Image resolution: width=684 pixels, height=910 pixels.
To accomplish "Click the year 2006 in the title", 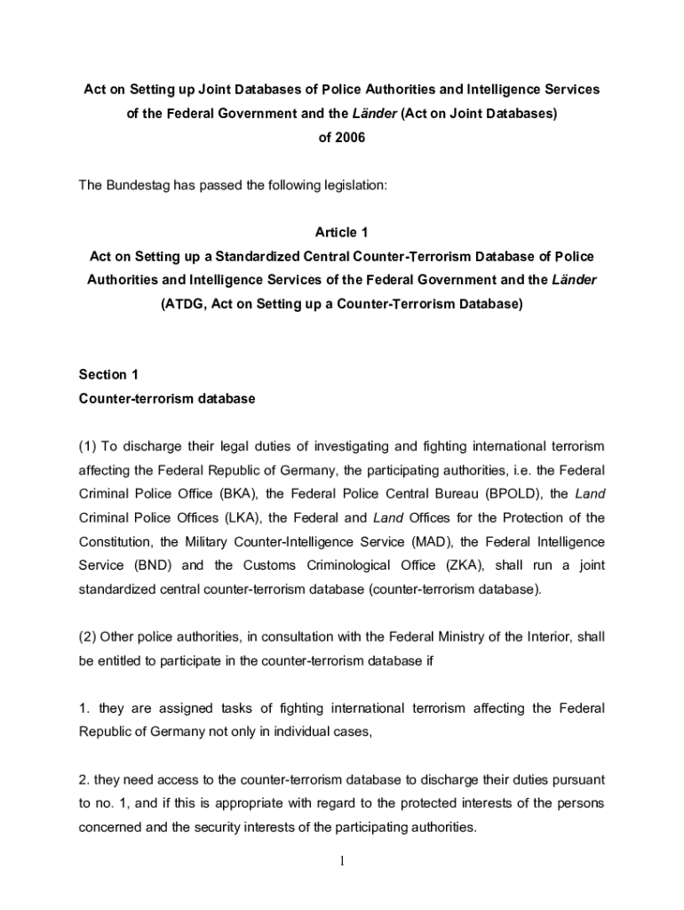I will click(x=349, y=138).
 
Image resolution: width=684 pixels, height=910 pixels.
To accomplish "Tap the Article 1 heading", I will click(x=342, y=232).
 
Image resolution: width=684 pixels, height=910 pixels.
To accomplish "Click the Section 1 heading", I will click(x=108, y=375).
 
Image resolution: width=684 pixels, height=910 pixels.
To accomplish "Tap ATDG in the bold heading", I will click(x=184, y=304).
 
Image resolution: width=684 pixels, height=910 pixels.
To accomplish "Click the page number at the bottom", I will click(x=342, y=861).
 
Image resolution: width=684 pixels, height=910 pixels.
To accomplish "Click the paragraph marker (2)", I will click(x=88, y=635).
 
